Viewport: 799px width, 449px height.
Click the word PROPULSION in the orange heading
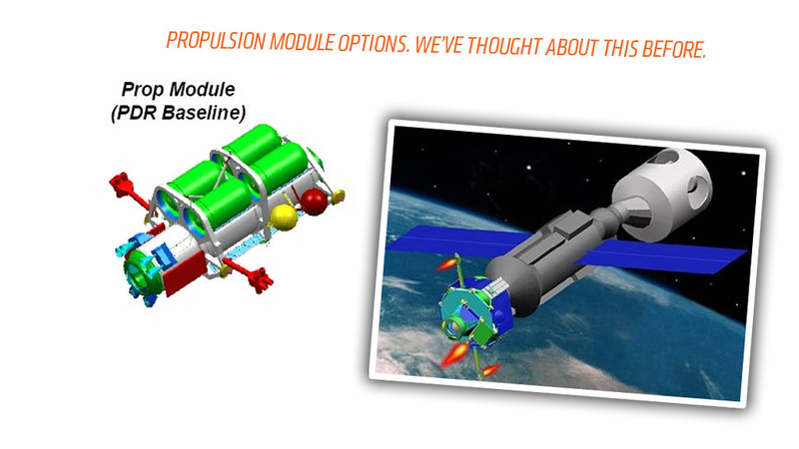pyautogui.click(x=216, y=41)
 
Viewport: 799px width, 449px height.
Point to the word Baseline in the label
pyautogui.click(x=204, y=112)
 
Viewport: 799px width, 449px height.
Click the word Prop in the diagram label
pyautogui.click(x=143, y=90)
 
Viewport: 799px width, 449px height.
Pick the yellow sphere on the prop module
pyautogui.click(x=284, y=218)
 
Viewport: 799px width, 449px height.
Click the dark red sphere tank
pyautogui.click(x=314, y=202)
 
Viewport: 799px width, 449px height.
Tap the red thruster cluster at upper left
pyautogui.click(x=121, y=185)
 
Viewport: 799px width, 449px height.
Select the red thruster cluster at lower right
pyautogui.click(x=260, y=279)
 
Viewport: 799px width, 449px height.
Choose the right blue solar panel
pyautogui.click(x=662, y=255)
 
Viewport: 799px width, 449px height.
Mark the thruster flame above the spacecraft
pyautogui.click(x=447, y=263)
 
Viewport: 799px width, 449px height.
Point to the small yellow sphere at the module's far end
pyautogui.click(x=339, y=197)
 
